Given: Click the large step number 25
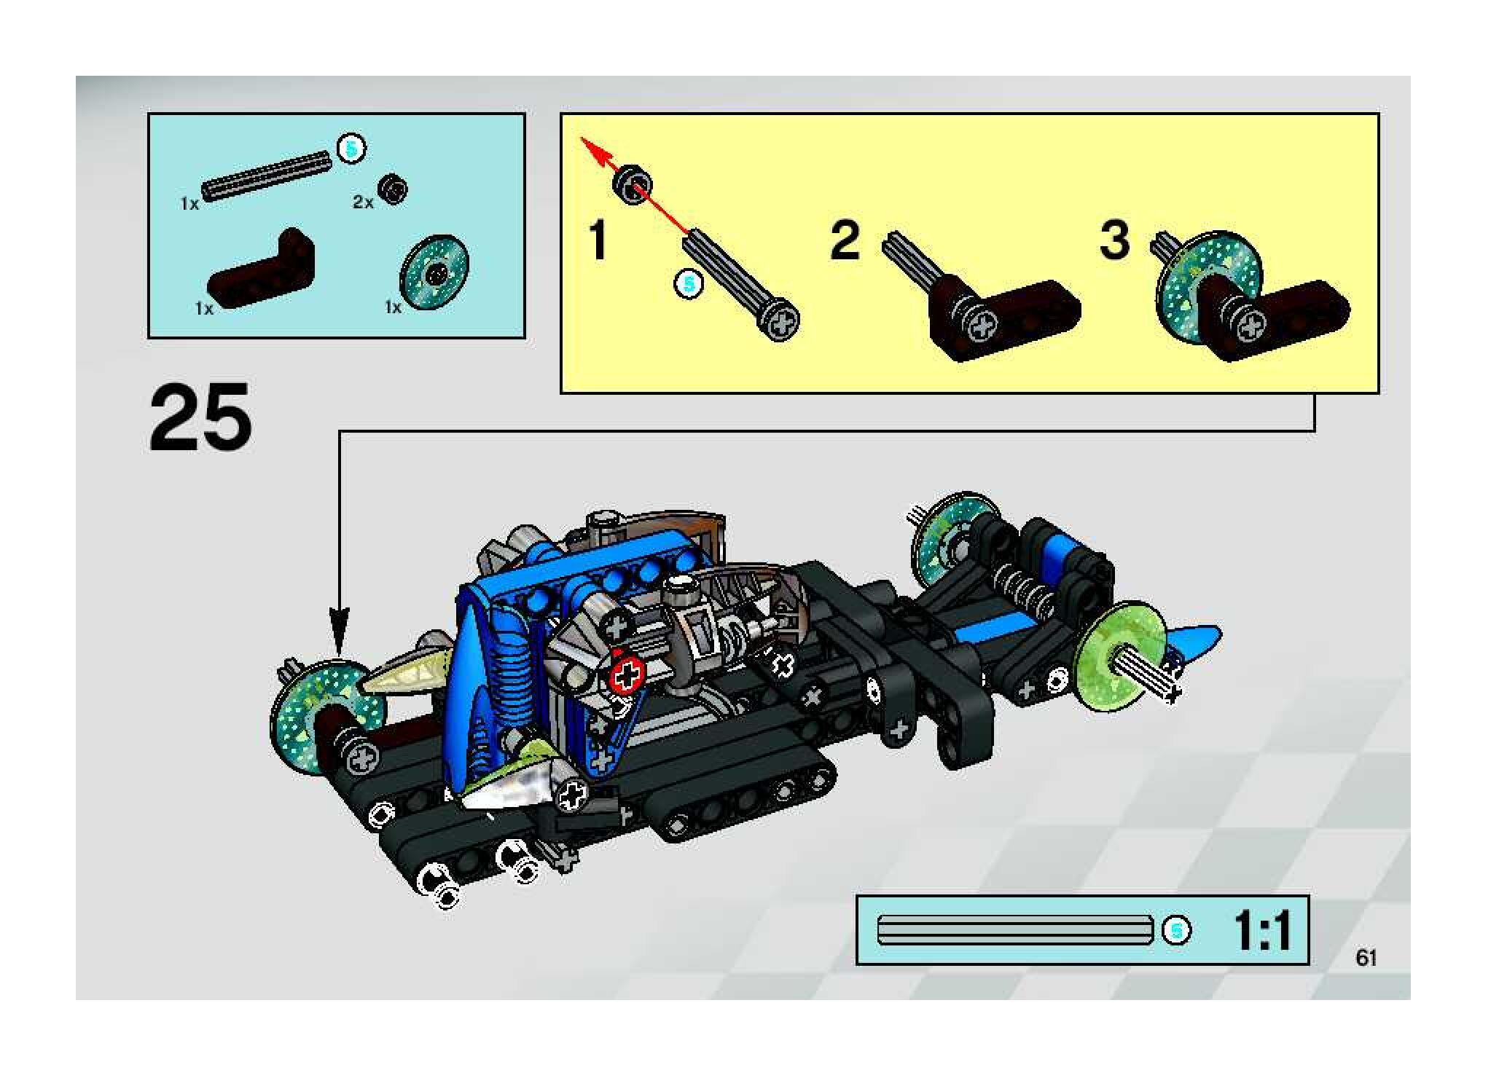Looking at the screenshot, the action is click(x=200, y=417).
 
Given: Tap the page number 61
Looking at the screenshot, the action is click(x=1366, y=957).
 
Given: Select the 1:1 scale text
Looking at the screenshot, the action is click(x=1262, y=931).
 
